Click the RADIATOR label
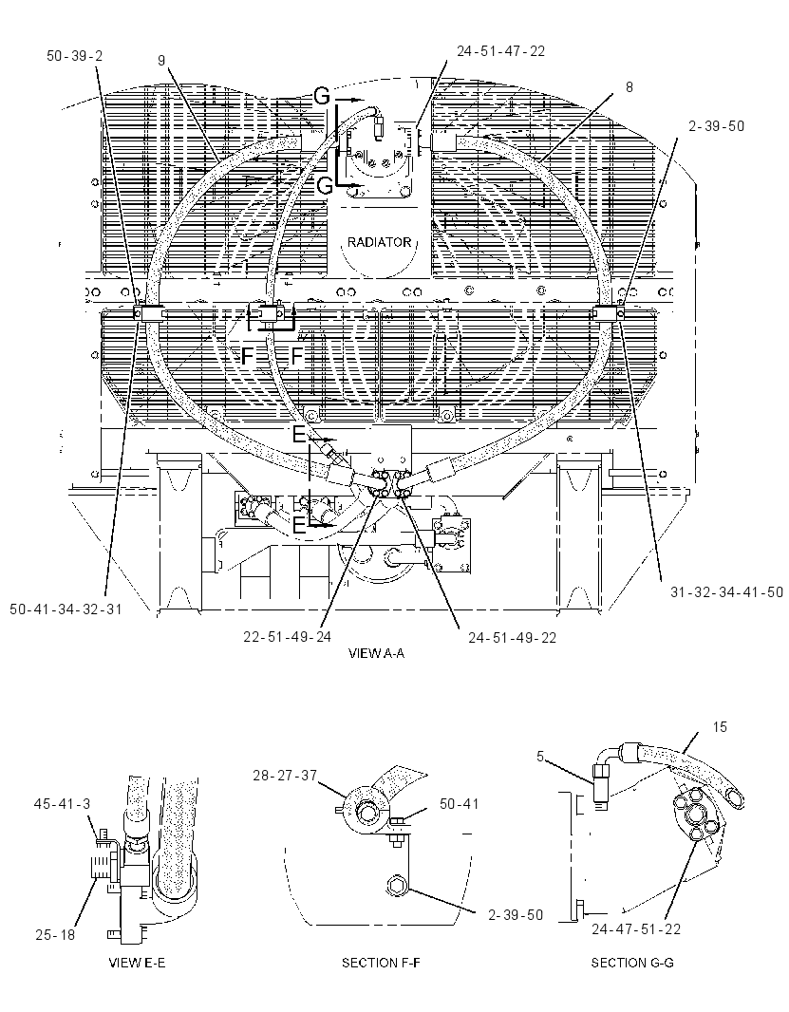click(x=379, y=242)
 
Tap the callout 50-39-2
click(x=75, y=56)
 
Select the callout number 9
click(x=161, y=60)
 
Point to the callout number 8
click(x=629, y=87)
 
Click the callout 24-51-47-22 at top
click(x=500, y=51)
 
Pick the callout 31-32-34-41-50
click(x=726, y=591)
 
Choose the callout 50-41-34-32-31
click(x=66, y=609)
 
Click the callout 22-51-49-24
click(x=288, y=637)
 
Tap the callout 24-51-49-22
click(x=512, y=638)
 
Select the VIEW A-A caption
click(x=376, y=653)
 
